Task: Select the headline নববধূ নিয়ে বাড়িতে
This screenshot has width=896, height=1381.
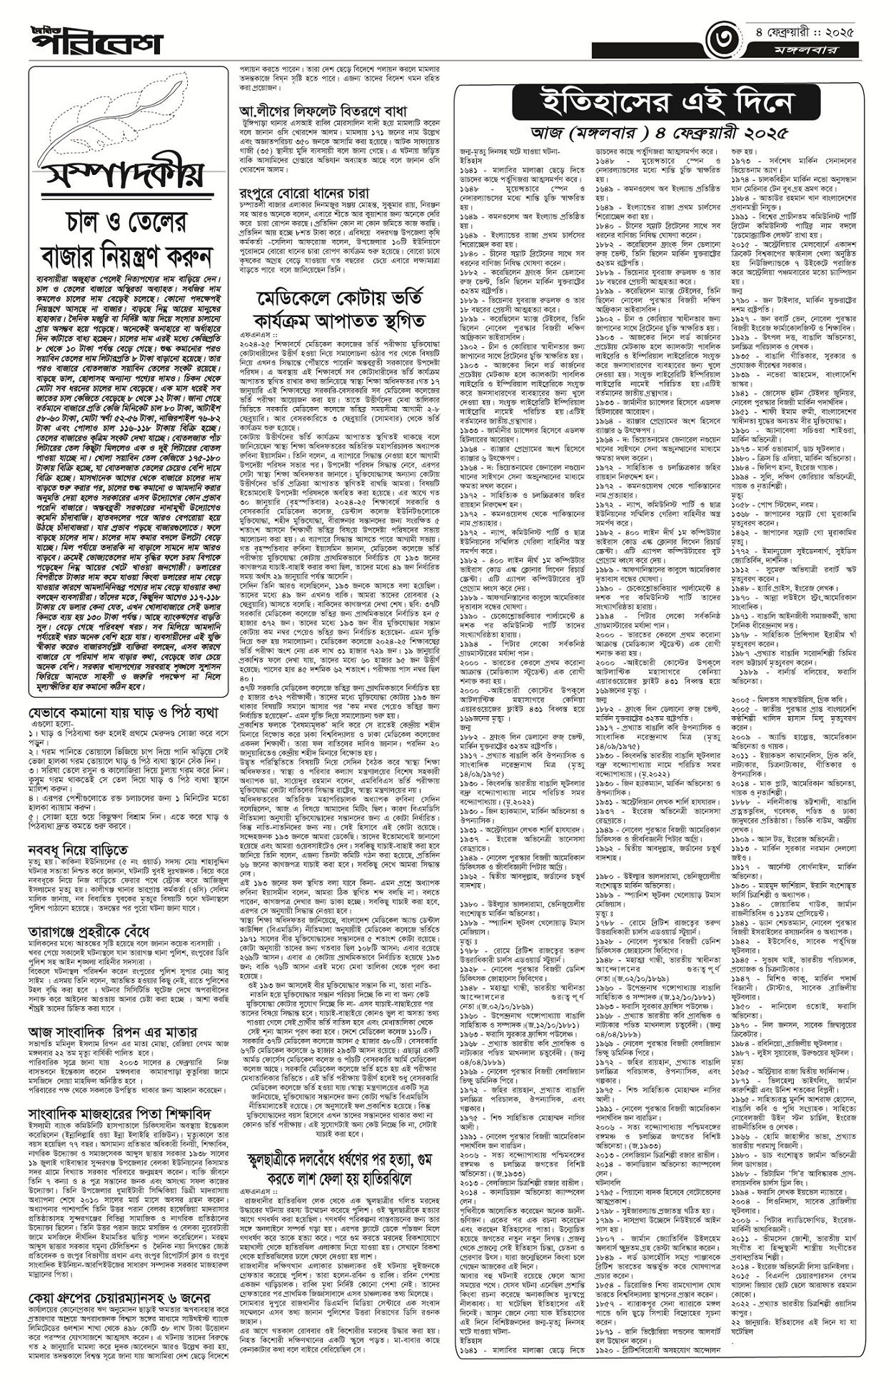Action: click(79, 850)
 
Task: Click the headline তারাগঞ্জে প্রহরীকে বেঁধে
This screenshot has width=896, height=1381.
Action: click(89, 932)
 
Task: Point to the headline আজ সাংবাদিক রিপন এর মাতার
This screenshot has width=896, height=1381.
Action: click(112, 1032)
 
